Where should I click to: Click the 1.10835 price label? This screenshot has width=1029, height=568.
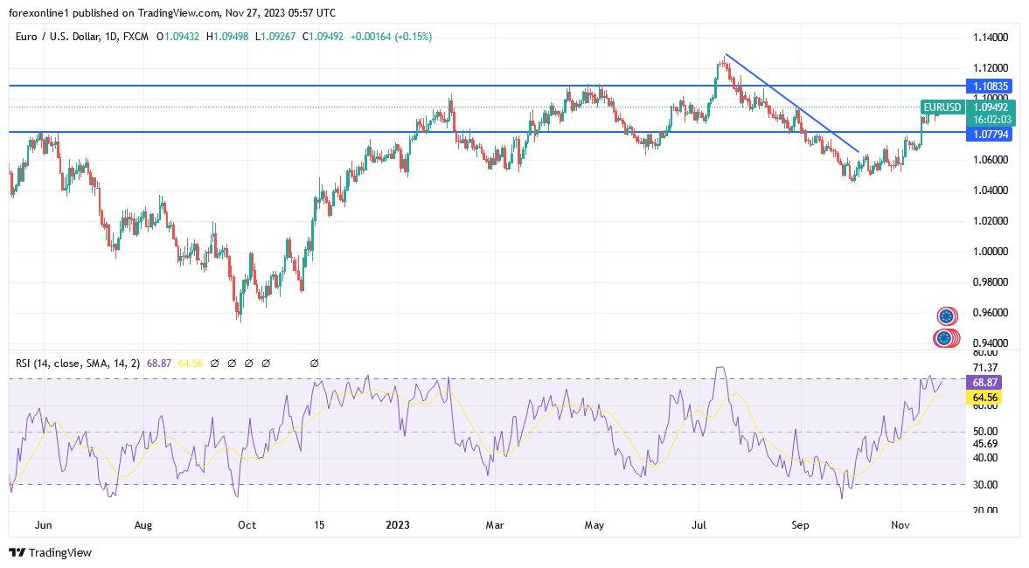(991, 86)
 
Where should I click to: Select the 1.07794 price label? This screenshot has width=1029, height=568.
(991, 134)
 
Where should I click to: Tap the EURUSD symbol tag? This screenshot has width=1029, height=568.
(942, 107)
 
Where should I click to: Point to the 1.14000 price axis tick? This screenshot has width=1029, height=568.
(991, 38)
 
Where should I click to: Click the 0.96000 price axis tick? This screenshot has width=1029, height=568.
(991, 313)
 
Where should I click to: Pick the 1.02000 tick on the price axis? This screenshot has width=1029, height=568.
(991, 221)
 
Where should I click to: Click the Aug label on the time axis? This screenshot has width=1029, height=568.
(143, 525)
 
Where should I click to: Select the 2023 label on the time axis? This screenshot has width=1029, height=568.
(398, 525)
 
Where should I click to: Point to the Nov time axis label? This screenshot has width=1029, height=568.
(900, 525)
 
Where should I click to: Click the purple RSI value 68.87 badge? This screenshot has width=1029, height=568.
(984, 383)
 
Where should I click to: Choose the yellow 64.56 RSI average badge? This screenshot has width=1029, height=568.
(984, 397)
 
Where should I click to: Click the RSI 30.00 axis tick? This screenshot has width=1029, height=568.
(984, 485)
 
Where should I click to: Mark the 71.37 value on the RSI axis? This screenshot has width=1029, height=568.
(984, 368)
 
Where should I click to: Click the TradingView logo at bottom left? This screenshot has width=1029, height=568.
(50, 552)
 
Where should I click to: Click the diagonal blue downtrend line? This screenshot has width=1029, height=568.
(791, 103)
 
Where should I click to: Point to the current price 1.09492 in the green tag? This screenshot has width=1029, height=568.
(991, 107)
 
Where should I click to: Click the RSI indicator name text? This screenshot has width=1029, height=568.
(74, 363)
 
